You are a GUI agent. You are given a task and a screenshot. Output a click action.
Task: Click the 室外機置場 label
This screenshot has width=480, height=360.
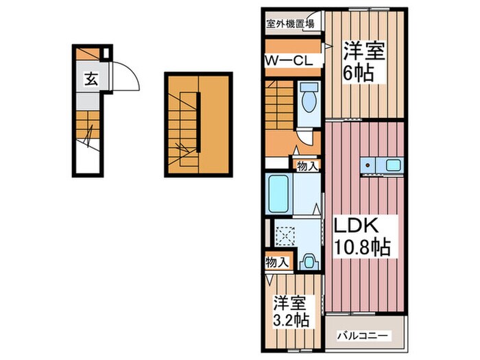click(291, 23)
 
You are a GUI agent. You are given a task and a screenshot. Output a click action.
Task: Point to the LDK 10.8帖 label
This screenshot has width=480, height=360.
click(361, 237)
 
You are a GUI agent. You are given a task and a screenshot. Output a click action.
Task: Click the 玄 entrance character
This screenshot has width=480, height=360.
click(89, 78)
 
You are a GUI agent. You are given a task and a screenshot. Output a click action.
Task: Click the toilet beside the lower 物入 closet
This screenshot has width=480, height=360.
click(308, 261)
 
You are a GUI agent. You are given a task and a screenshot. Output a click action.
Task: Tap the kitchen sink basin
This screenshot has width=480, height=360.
click(393, 165)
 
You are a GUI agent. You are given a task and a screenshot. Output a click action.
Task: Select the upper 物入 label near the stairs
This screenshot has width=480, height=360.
click(306, 165)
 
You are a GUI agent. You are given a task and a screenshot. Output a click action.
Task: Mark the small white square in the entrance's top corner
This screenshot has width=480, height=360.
click(106, 54)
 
